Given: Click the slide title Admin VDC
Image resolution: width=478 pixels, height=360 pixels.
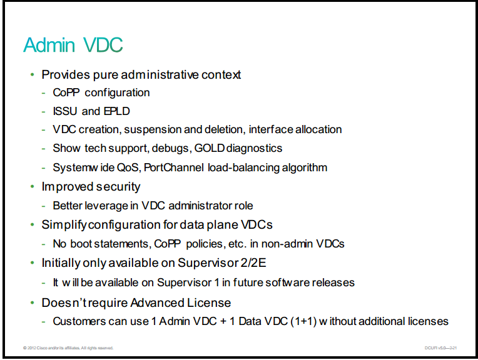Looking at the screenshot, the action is click(73, 45).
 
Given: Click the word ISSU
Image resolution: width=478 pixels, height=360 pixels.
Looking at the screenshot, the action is click(65, 111).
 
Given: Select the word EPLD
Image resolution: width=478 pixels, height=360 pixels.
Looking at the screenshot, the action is click(117, 111).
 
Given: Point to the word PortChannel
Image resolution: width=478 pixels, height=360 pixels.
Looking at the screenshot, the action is click(173, 167).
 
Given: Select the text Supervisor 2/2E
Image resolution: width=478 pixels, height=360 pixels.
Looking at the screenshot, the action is click(221, 263).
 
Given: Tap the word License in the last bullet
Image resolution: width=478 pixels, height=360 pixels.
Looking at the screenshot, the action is click(209, 302).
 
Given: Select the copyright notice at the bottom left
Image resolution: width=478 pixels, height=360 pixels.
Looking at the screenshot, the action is click(68, 348).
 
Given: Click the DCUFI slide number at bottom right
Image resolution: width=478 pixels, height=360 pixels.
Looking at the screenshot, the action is click(440, 348).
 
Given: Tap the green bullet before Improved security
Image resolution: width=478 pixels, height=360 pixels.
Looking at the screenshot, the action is click(33, 187).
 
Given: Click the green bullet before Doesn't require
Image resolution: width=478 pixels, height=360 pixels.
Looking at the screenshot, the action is click(33, 302).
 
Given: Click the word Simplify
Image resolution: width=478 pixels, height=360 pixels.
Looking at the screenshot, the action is click(64, 225).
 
